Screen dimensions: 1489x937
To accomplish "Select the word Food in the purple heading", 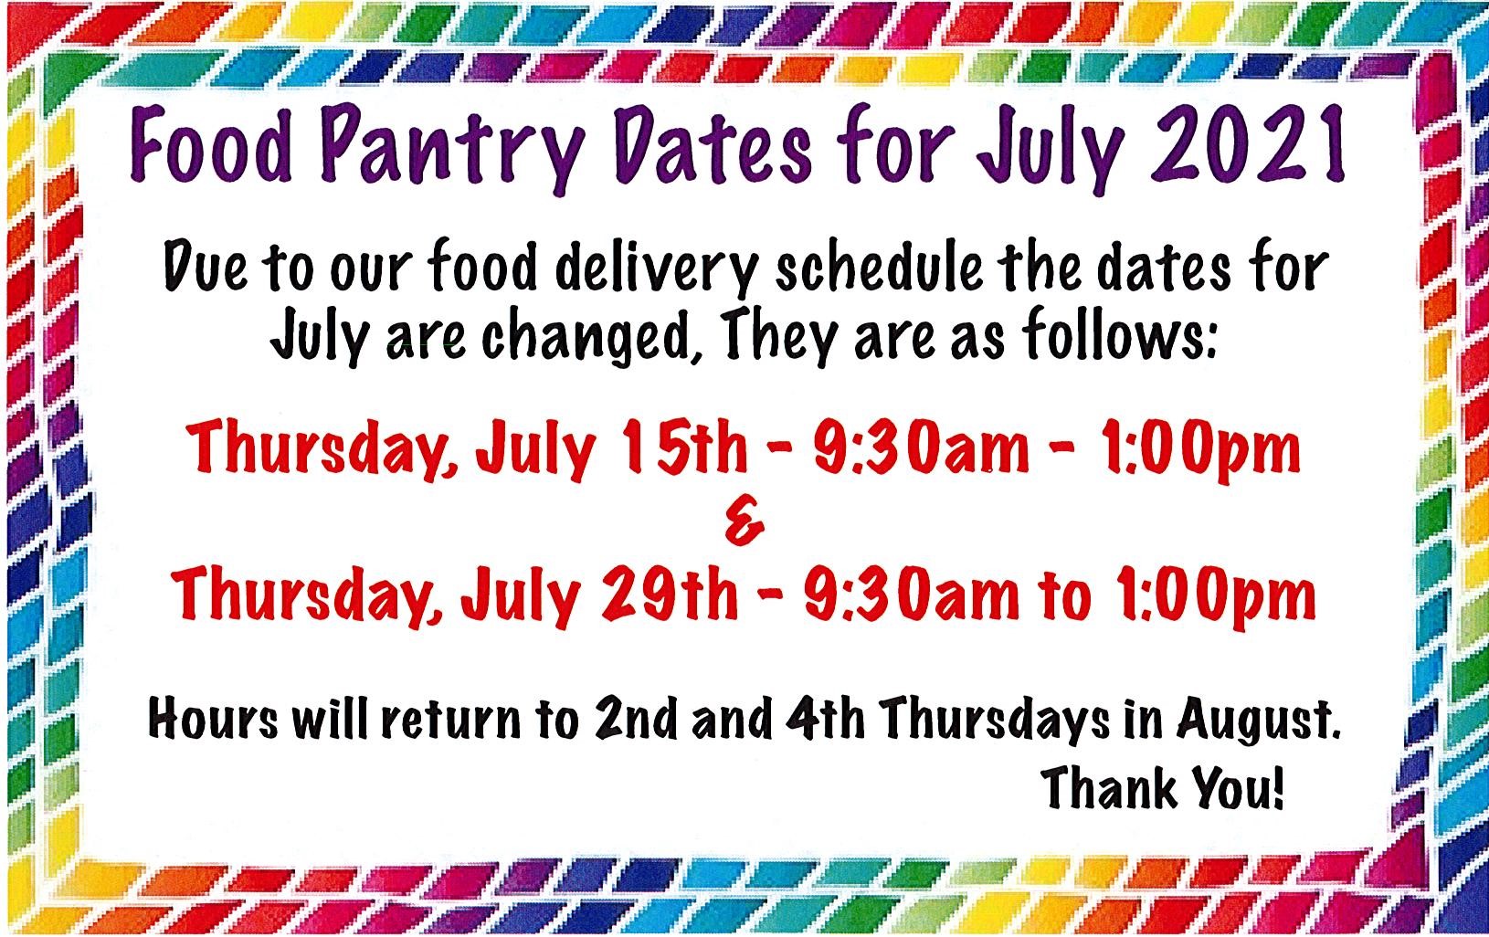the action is point(211,144).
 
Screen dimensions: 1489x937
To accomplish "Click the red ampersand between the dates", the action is point(744,523).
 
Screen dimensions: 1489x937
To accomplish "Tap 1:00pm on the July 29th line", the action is point(1214,596).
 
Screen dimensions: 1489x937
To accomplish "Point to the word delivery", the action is point(656,269).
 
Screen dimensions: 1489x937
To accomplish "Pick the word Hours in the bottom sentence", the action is point(213,718).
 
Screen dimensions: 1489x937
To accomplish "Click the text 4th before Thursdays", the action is point(825,718).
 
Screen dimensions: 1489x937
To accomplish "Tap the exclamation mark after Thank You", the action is point(1276,787).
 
